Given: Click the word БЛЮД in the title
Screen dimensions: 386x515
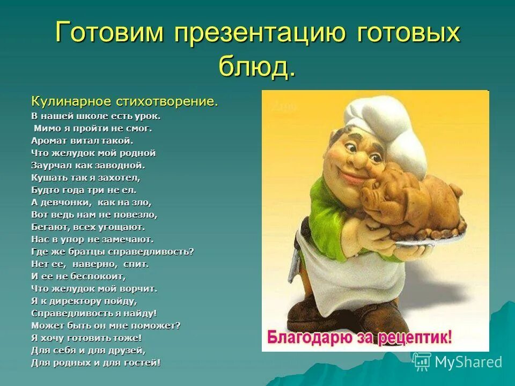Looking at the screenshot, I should (x=256, y=66).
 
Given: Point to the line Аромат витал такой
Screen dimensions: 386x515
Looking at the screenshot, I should (x=82, y=140).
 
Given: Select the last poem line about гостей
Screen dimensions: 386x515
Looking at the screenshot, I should (x=95, y=363).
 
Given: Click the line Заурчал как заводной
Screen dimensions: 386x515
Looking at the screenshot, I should (x=88, y=165).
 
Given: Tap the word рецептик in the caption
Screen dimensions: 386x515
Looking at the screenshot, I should (x=416, y=338).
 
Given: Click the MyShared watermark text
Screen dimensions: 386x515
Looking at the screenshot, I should (x=468, y=362).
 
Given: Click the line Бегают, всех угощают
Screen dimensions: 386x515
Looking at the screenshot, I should (x=88, y=227).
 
